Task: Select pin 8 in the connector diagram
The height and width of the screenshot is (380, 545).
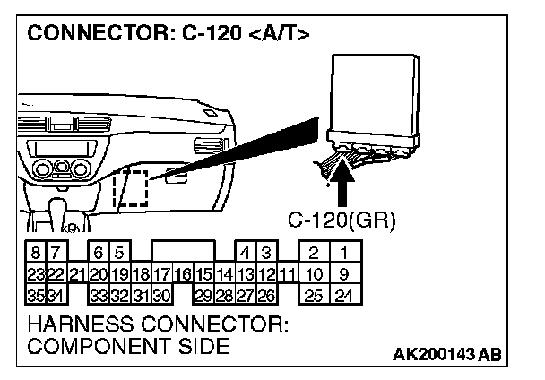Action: (33, 253)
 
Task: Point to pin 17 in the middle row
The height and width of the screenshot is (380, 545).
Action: (161, 273)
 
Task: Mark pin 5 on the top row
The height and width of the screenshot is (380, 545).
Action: (118, 253)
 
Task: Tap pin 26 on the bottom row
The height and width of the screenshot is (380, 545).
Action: (266, 293)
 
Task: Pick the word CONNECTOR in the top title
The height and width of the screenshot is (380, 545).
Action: (84, 36)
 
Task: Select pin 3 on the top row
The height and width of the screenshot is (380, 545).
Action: (266, 253)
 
